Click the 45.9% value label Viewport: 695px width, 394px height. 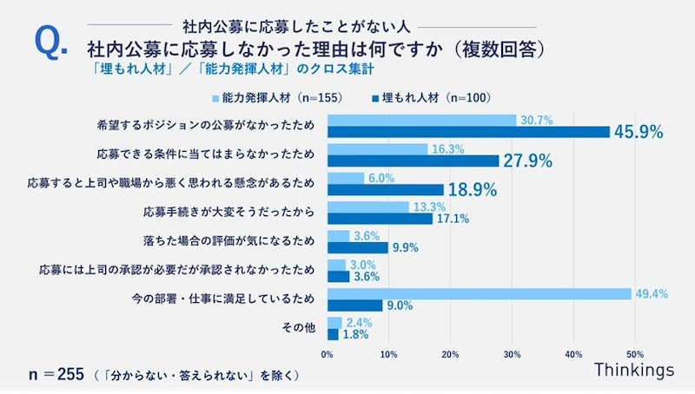pyautogui.click(x=639, y=132)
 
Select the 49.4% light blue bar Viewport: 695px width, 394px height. pyautogui.click(x=479, y=294)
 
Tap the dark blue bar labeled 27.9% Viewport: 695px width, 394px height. pyautogui.click(x=413, y=161)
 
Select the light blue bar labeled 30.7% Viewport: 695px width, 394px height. pyautogui.click(x=421, y=120)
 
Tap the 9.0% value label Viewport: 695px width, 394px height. pyautogui.click(x=401, y=305)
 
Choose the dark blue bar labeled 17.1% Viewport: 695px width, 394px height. pyautogui.click(x=380, y=218)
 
